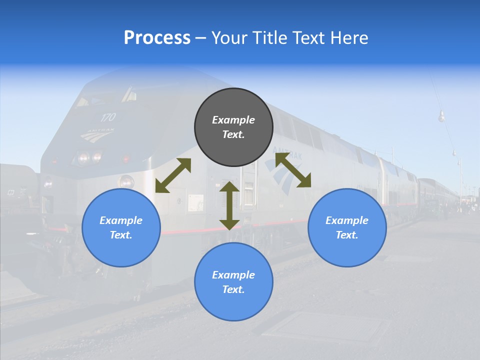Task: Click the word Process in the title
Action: pyautogui.click(x=157, y=38)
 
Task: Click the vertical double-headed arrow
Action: pyautogui.click(x=229, y=205)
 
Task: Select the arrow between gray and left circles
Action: pyautogui.click(x=173, y=175)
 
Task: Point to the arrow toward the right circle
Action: pyautogui.click(x=293, y=170)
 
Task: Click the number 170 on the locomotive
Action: pyautogui.click(x=107, y=117)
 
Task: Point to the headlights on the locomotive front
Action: pyautogui.click(x=89, y=158)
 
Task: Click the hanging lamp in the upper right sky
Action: pyautogui.click(x=441, y=117)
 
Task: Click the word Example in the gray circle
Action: pyautogui.click(x=233, y=120)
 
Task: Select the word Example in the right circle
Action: pyautogui.click(x=347, y=220)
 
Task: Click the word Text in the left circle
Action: pyautogui.click(x=120, y=235)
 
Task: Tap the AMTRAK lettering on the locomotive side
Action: pyautogui.click(x=288, y=153)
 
